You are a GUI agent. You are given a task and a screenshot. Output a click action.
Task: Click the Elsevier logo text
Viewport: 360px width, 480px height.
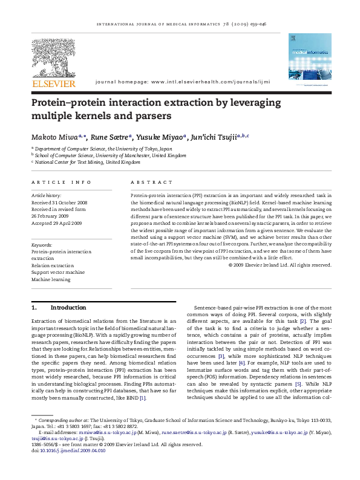(54, 82)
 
